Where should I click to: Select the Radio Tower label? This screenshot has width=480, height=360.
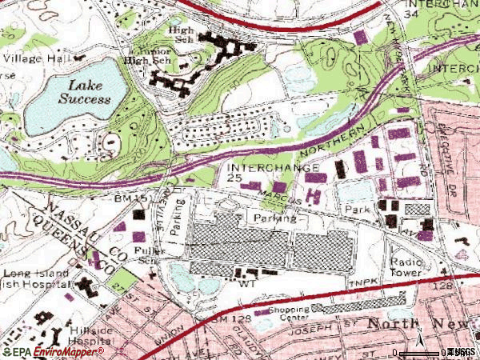406,267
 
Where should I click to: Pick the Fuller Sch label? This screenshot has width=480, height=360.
149,254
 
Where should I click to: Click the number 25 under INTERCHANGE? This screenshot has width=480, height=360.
234,178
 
